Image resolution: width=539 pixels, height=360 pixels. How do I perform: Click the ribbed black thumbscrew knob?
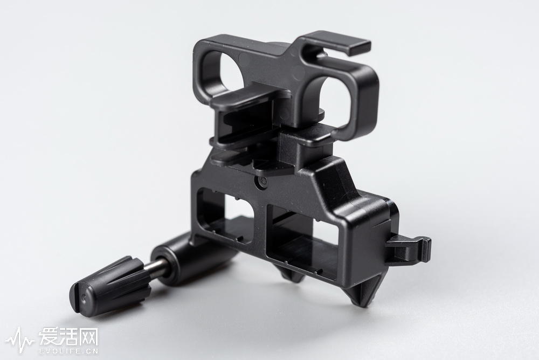[x=109, y=286]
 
